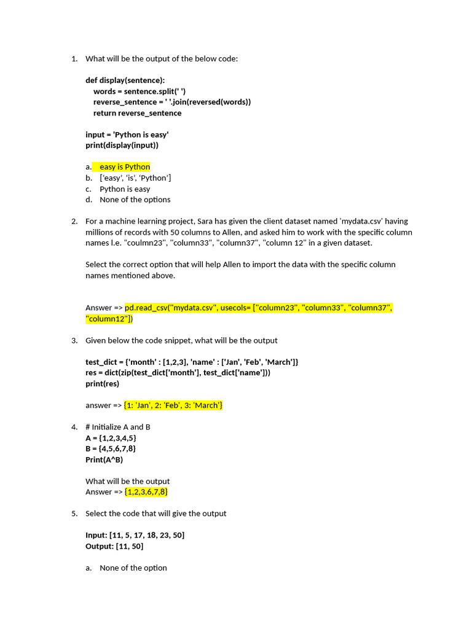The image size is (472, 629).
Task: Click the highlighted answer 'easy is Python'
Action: [x=124, y=167]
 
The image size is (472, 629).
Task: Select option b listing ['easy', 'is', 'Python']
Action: [x=135, y=178]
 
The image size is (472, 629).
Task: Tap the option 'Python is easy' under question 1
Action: [x=125, y=189]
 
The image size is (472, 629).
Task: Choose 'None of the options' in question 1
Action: [x=135, y=200]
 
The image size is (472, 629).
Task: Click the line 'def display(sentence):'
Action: [x=125, y=80]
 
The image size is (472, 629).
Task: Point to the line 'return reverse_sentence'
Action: [x=137, y=113]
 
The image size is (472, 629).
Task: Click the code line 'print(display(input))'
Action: [x=122, y=146]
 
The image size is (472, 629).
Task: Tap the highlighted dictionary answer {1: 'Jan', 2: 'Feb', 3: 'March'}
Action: [x=173, y=405]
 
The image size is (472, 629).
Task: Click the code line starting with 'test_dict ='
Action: [x=192, y=362]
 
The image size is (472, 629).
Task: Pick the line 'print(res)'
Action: [x=102, y=384]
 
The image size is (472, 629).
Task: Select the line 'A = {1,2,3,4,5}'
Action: [x=111, y=438]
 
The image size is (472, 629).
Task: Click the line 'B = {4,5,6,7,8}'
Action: [x=111, y=449]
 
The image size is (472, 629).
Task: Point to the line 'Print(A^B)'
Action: [x=104, y=459]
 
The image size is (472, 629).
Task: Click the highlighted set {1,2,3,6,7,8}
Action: [x=146, y=492]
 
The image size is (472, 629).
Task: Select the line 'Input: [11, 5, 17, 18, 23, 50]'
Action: [x=135, y=535]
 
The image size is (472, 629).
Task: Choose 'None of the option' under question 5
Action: [x=133, y=568]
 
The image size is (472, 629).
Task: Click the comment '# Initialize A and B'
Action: [x=118, y=427]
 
